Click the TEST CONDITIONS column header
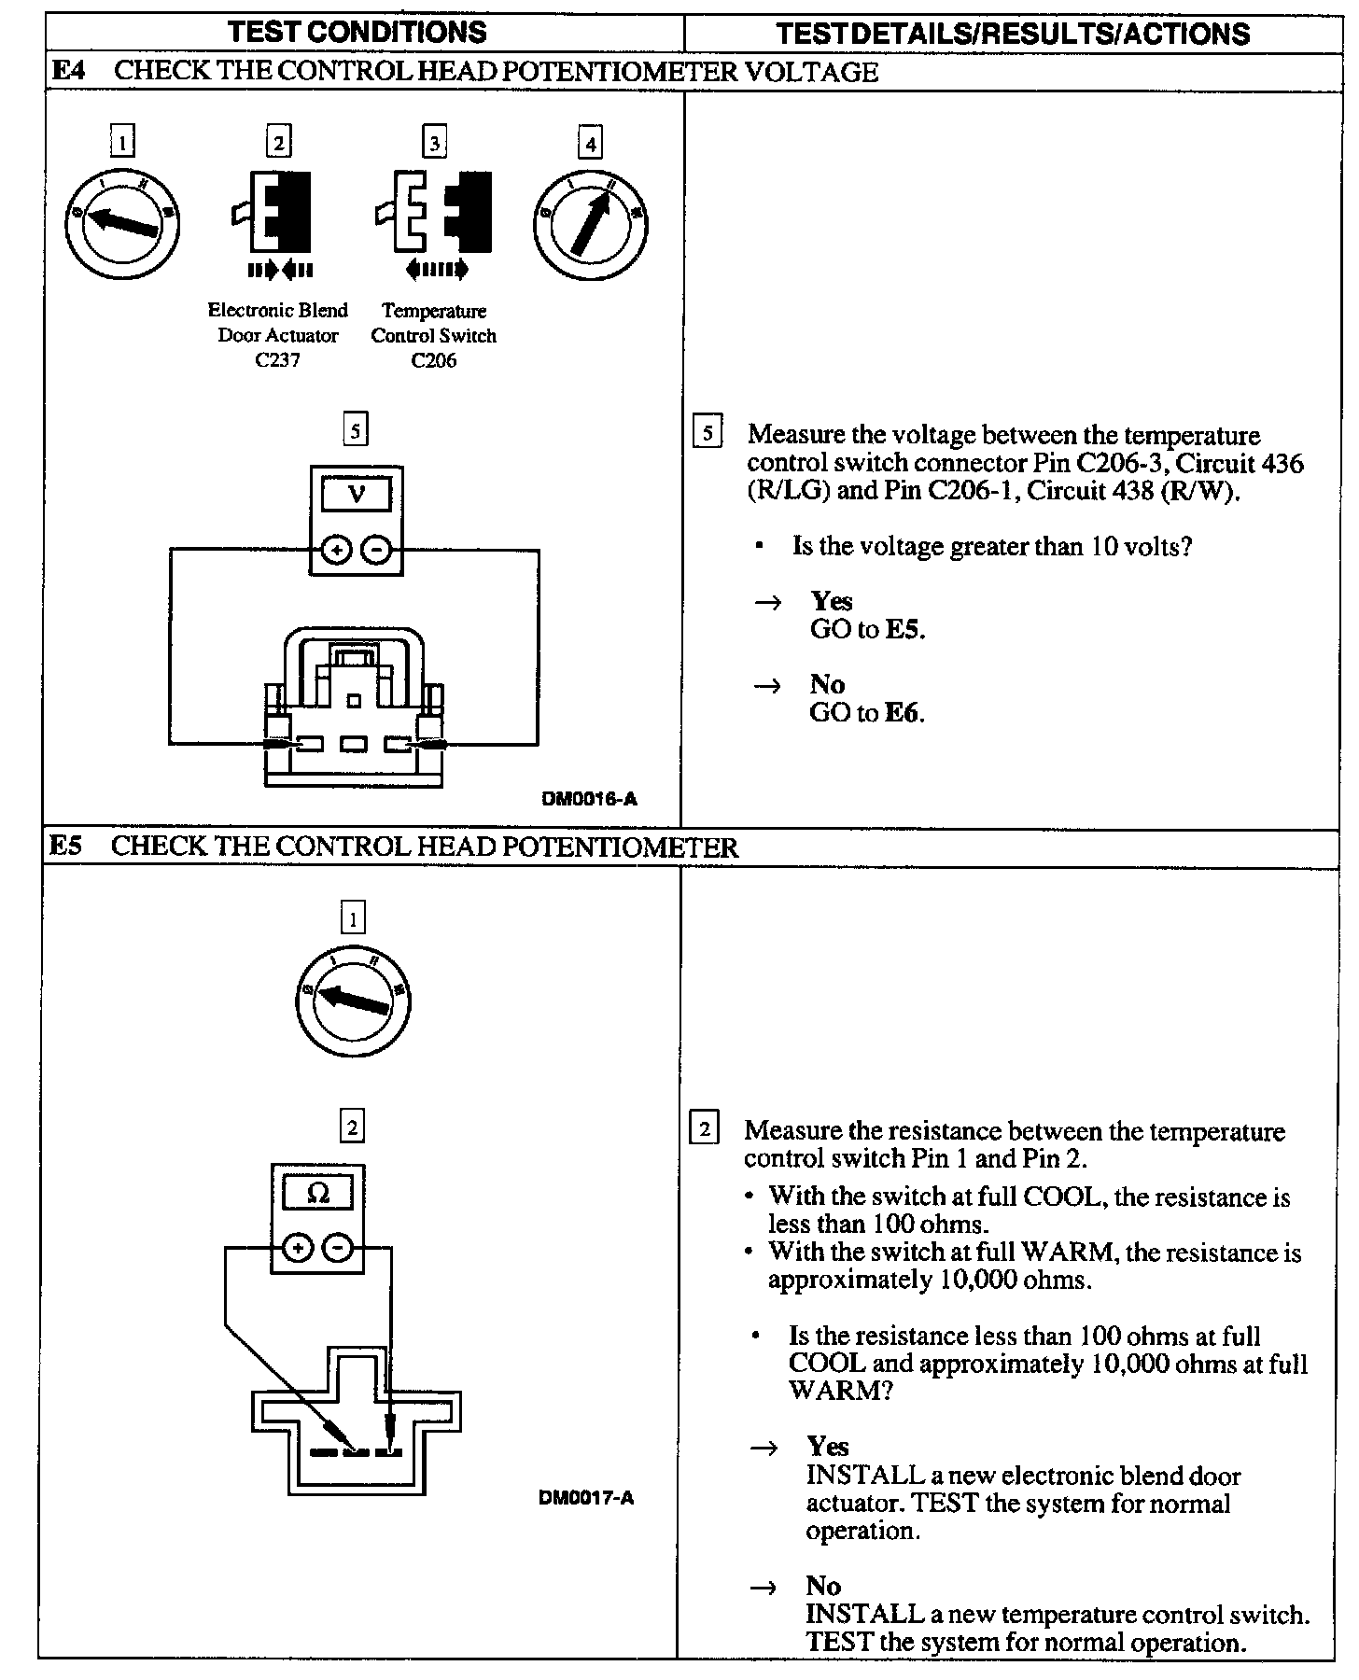pos(357,32)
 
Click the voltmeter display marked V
pos(356,494)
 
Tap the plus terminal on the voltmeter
pos(336,551)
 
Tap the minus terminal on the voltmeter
pos(375,551)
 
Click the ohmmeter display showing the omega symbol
pos(318,1194)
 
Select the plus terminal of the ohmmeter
pos(297,1247)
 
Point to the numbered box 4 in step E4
pos(589,144)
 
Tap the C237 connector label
pos(277,360)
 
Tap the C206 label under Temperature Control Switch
pos(433,360)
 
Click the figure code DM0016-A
pos(590,799)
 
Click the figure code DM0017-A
pos(586,1499)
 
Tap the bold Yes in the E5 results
pos(828,1447)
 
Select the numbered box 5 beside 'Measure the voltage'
pos(708,433)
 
